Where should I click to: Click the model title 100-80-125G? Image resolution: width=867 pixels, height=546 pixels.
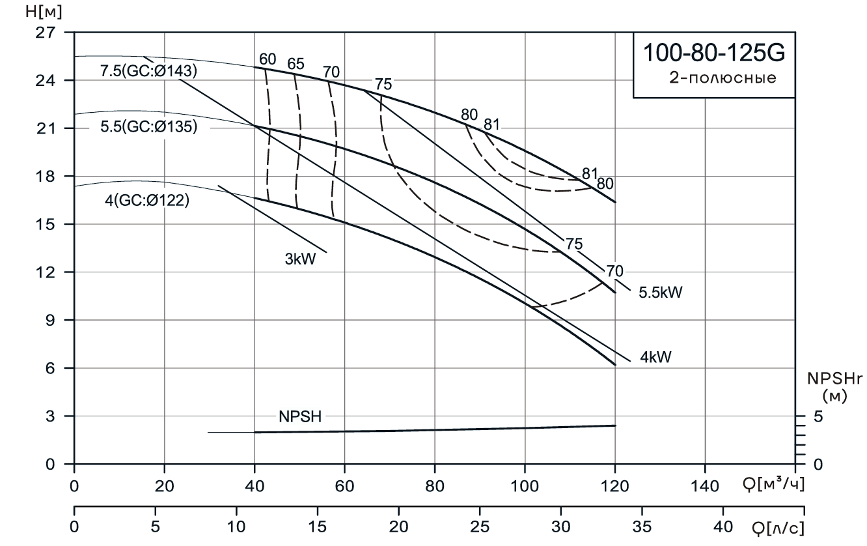pyautogui.click(x=714, y=53)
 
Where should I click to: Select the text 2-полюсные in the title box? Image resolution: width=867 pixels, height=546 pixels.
pyautogui.click(x=722, y=79)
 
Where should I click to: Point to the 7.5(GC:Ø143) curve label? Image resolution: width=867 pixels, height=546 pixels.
pyautogui.click(x=148, y=71)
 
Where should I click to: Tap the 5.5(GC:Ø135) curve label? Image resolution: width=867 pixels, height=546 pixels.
pyautogui.click(x=148, y=127)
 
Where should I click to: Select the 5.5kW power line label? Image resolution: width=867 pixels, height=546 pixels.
pyautogui.click(x=660, y=293)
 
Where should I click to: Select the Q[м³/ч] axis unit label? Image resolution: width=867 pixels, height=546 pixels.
pyautogui.click(x=773, y=485)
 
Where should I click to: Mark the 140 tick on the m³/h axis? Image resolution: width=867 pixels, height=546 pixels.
pyautogui.click(x=705, y=485)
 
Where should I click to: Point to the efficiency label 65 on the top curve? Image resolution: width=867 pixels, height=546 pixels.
pyautogui.click(x=296, y=64)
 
